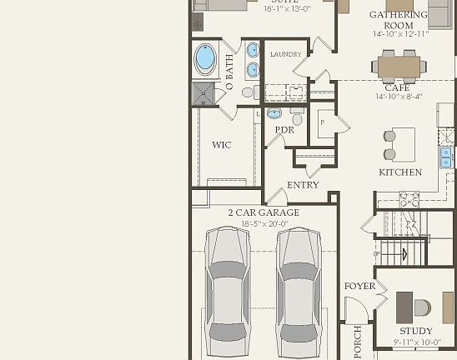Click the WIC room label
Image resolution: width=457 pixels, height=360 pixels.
221,145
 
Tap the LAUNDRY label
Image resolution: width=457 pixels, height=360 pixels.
285,54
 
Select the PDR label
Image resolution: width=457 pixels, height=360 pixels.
284,131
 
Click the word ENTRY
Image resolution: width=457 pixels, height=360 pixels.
303,185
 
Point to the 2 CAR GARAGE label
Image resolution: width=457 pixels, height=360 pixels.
264,212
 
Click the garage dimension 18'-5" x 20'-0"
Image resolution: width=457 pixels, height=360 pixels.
264,224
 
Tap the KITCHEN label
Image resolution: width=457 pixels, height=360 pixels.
400,172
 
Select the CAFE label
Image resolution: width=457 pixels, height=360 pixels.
397,87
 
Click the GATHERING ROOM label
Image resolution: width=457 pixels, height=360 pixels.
399,20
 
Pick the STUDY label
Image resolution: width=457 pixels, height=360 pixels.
415,331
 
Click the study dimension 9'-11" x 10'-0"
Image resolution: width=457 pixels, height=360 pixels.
415,342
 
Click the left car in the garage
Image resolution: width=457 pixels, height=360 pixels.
228,287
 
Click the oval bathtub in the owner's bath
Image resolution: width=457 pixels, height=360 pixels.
205,59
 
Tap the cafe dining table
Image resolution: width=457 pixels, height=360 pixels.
399,66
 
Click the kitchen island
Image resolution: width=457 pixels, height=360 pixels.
404,144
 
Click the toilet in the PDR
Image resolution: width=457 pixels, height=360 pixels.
275,114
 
